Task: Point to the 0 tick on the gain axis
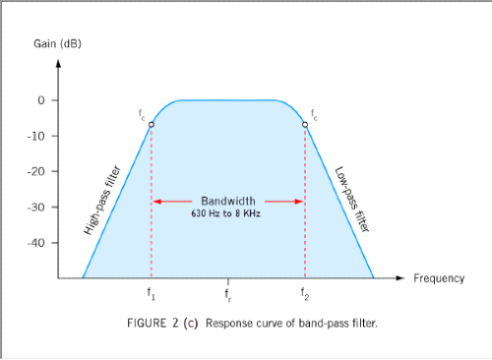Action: [x=41, y=100]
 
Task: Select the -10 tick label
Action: [x=36, y=136]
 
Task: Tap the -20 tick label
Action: [x=36, y=171]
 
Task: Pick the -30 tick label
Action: [x=36, y=207]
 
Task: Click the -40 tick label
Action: [x=36, y=242]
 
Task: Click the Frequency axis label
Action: [x=438, y=278]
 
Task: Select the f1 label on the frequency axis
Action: [x=152, y=294]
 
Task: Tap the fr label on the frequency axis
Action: [x=228, y=294]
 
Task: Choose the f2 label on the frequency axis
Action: [x=305, y=294]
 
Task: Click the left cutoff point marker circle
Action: [x=152, y=125]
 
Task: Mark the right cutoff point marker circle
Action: [x=305, y=125]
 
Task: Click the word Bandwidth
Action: [x=227, y=197]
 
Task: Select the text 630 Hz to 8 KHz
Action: [x=227, y=211]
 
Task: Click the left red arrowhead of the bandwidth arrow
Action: [x=155, y=202]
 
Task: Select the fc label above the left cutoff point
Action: [x=143, y=115]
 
